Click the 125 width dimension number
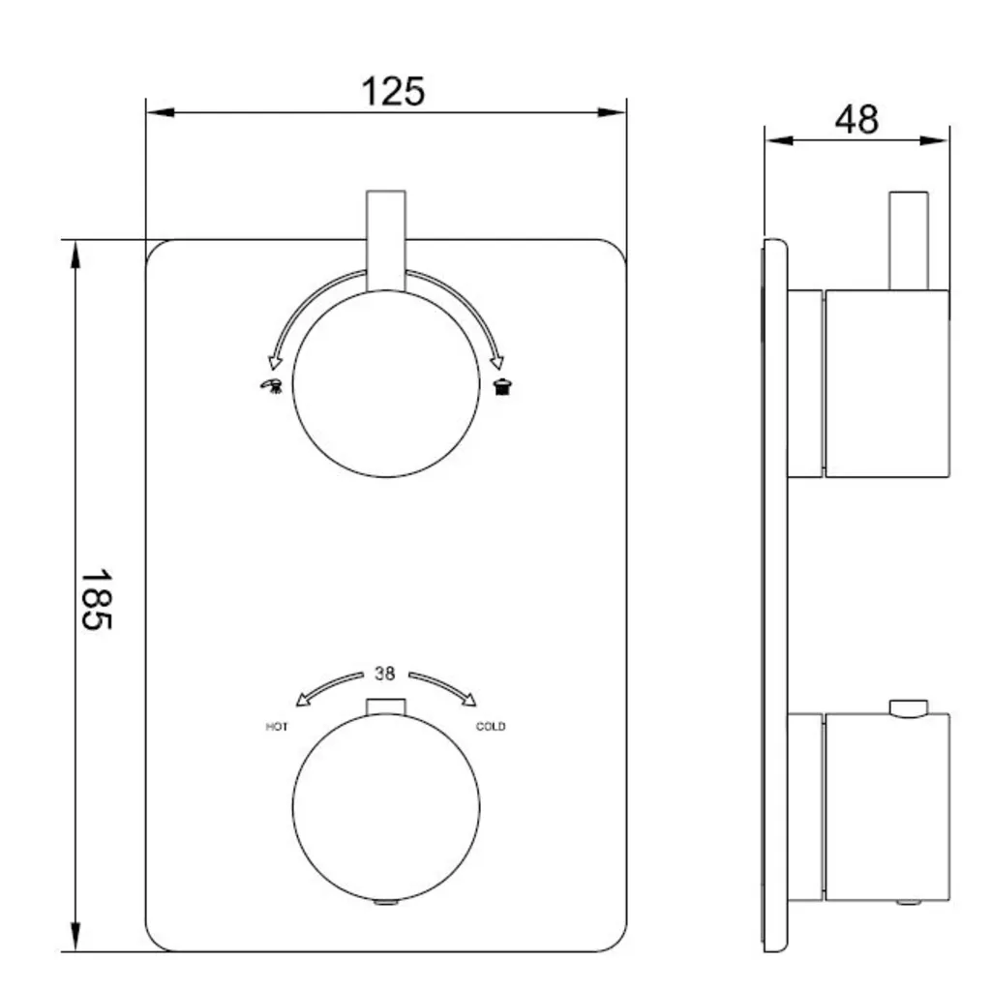[393, 92]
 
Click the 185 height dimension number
[97, 599]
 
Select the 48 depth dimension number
[856, 119]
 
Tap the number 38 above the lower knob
[385, 674]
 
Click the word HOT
[277, 727]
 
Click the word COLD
[491, 726]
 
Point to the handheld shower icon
[272, 385]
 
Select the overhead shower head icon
[502, 385]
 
